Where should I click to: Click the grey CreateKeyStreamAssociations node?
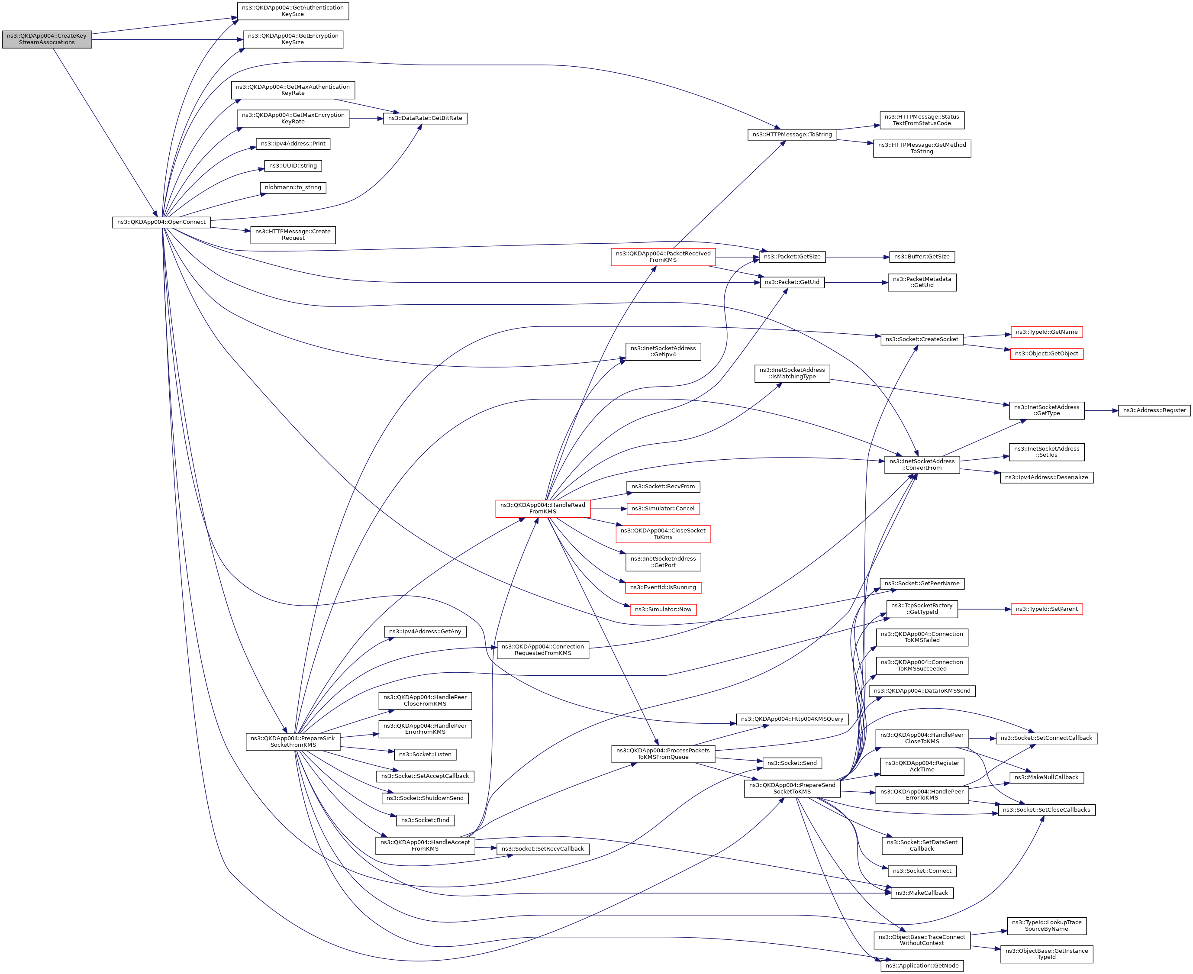[47, 39]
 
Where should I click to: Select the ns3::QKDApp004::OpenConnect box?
[161, 222]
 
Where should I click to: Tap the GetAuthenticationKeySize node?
[293, 11]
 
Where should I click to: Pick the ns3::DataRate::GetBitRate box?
[425, 118]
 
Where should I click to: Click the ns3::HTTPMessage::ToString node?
[792, 135]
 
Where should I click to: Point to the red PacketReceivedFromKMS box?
[663, 257]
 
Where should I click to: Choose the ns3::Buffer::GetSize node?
[922, 257]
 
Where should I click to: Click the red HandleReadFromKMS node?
[542, 508]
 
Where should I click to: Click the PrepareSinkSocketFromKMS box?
[293, 742]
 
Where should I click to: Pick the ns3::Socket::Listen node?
[425, 755]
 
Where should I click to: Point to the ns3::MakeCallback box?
[922, 893]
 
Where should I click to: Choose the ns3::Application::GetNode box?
[922, 966]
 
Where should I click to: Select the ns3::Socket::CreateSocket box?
[922, 339]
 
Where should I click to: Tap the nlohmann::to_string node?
[293, 187]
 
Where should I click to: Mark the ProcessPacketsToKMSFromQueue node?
[663, 754]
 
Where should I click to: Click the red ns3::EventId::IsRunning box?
[663, 587]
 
